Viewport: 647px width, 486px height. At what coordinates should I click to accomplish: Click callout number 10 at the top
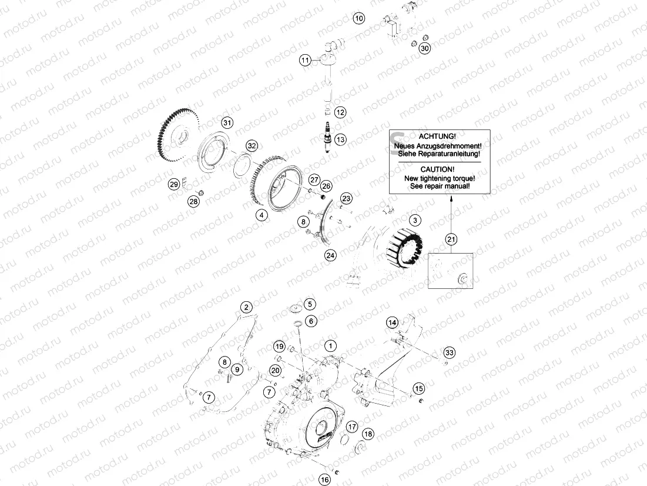359,18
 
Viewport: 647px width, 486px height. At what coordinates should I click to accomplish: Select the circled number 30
424,48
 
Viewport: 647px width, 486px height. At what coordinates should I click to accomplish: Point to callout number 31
227,122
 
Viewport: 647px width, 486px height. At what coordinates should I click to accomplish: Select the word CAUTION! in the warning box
434,169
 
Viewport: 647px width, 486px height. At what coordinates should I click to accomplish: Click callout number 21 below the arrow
451,238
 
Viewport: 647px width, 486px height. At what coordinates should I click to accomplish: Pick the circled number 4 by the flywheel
259,215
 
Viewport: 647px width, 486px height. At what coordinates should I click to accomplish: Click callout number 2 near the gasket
247,307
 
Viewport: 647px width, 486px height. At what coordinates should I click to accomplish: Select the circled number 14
392,322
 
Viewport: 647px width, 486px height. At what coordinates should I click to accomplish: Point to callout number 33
450,352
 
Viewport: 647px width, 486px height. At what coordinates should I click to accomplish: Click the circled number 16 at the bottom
325,480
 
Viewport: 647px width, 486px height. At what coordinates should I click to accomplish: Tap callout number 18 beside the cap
368,434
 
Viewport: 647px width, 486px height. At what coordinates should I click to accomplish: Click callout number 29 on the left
174,184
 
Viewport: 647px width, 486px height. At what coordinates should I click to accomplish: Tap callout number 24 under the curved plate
330,255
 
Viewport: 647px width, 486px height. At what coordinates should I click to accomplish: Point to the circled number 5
310,304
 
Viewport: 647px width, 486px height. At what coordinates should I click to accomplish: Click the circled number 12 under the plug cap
341,112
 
